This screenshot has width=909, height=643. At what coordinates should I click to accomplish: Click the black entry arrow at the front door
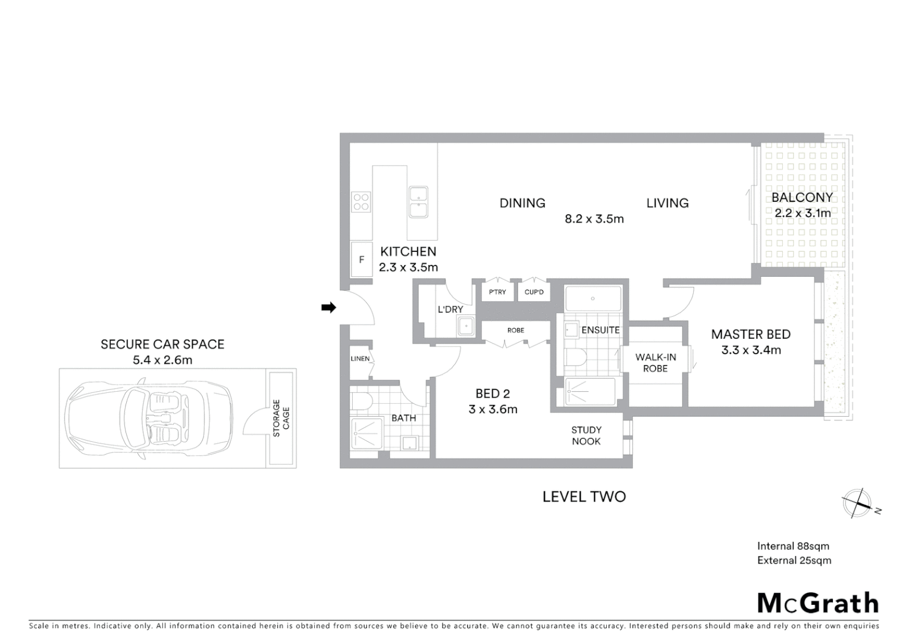click(x=328, y=307)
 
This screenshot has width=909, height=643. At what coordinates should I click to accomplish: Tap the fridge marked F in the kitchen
click(x=361, y=260)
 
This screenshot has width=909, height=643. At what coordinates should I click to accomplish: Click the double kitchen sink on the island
click(x=418, y=201)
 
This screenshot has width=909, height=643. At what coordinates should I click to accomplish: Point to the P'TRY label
click(x=497, y=292)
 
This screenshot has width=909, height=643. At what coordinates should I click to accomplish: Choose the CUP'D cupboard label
click(x=534, y=292)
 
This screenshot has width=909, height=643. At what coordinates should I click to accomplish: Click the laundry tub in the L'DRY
click(x=465, y=326)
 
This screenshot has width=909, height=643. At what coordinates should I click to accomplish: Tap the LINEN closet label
click(x=360, y=358)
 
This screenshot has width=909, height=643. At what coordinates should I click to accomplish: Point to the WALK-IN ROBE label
click(x=655, y=363)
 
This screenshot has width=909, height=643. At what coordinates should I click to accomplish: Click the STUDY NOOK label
click(x=586, y=435)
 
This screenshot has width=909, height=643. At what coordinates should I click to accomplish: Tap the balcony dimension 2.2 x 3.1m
click(x=802, y=213)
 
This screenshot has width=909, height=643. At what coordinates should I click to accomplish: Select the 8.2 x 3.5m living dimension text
click(x=594, y=219)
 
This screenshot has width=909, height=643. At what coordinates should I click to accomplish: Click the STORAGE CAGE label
click(x=281, y=418)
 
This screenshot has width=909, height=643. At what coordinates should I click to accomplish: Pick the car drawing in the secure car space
click(x=149, y=418)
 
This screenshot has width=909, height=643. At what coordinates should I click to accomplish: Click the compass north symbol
click(x=858, y=504)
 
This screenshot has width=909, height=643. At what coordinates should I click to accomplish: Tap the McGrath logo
click(x=817, y=603)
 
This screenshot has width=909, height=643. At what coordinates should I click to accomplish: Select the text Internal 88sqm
click(x=792, y=546)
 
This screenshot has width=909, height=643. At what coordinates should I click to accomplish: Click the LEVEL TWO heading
click(x=584, y=497)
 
